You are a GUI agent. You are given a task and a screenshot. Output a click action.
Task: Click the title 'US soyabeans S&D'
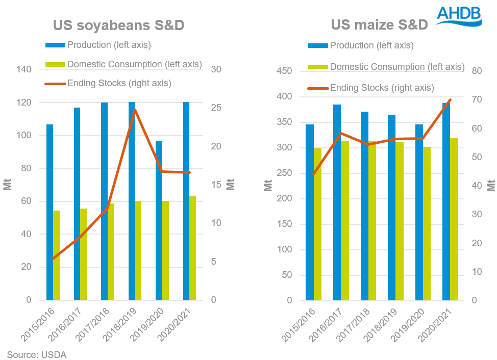(x=119, y=25)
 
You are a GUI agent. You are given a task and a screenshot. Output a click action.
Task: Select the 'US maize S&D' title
(x=379, y=24)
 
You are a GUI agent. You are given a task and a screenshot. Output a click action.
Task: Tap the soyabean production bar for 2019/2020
(x=159, y=220)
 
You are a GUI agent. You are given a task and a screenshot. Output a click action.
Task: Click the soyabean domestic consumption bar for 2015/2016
(x=56, y=255)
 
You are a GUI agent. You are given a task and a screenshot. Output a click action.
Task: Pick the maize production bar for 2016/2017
(x=337, y=202)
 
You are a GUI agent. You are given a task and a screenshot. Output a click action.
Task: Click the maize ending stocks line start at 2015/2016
(x=313, y=174)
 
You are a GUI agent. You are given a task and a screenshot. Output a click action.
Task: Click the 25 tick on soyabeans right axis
(x=217, y=108)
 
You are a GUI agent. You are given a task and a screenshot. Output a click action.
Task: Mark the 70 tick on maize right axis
(x=478, y=99)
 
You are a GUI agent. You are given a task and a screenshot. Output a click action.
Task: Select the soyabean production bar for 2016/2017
(x=77, y=203)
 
